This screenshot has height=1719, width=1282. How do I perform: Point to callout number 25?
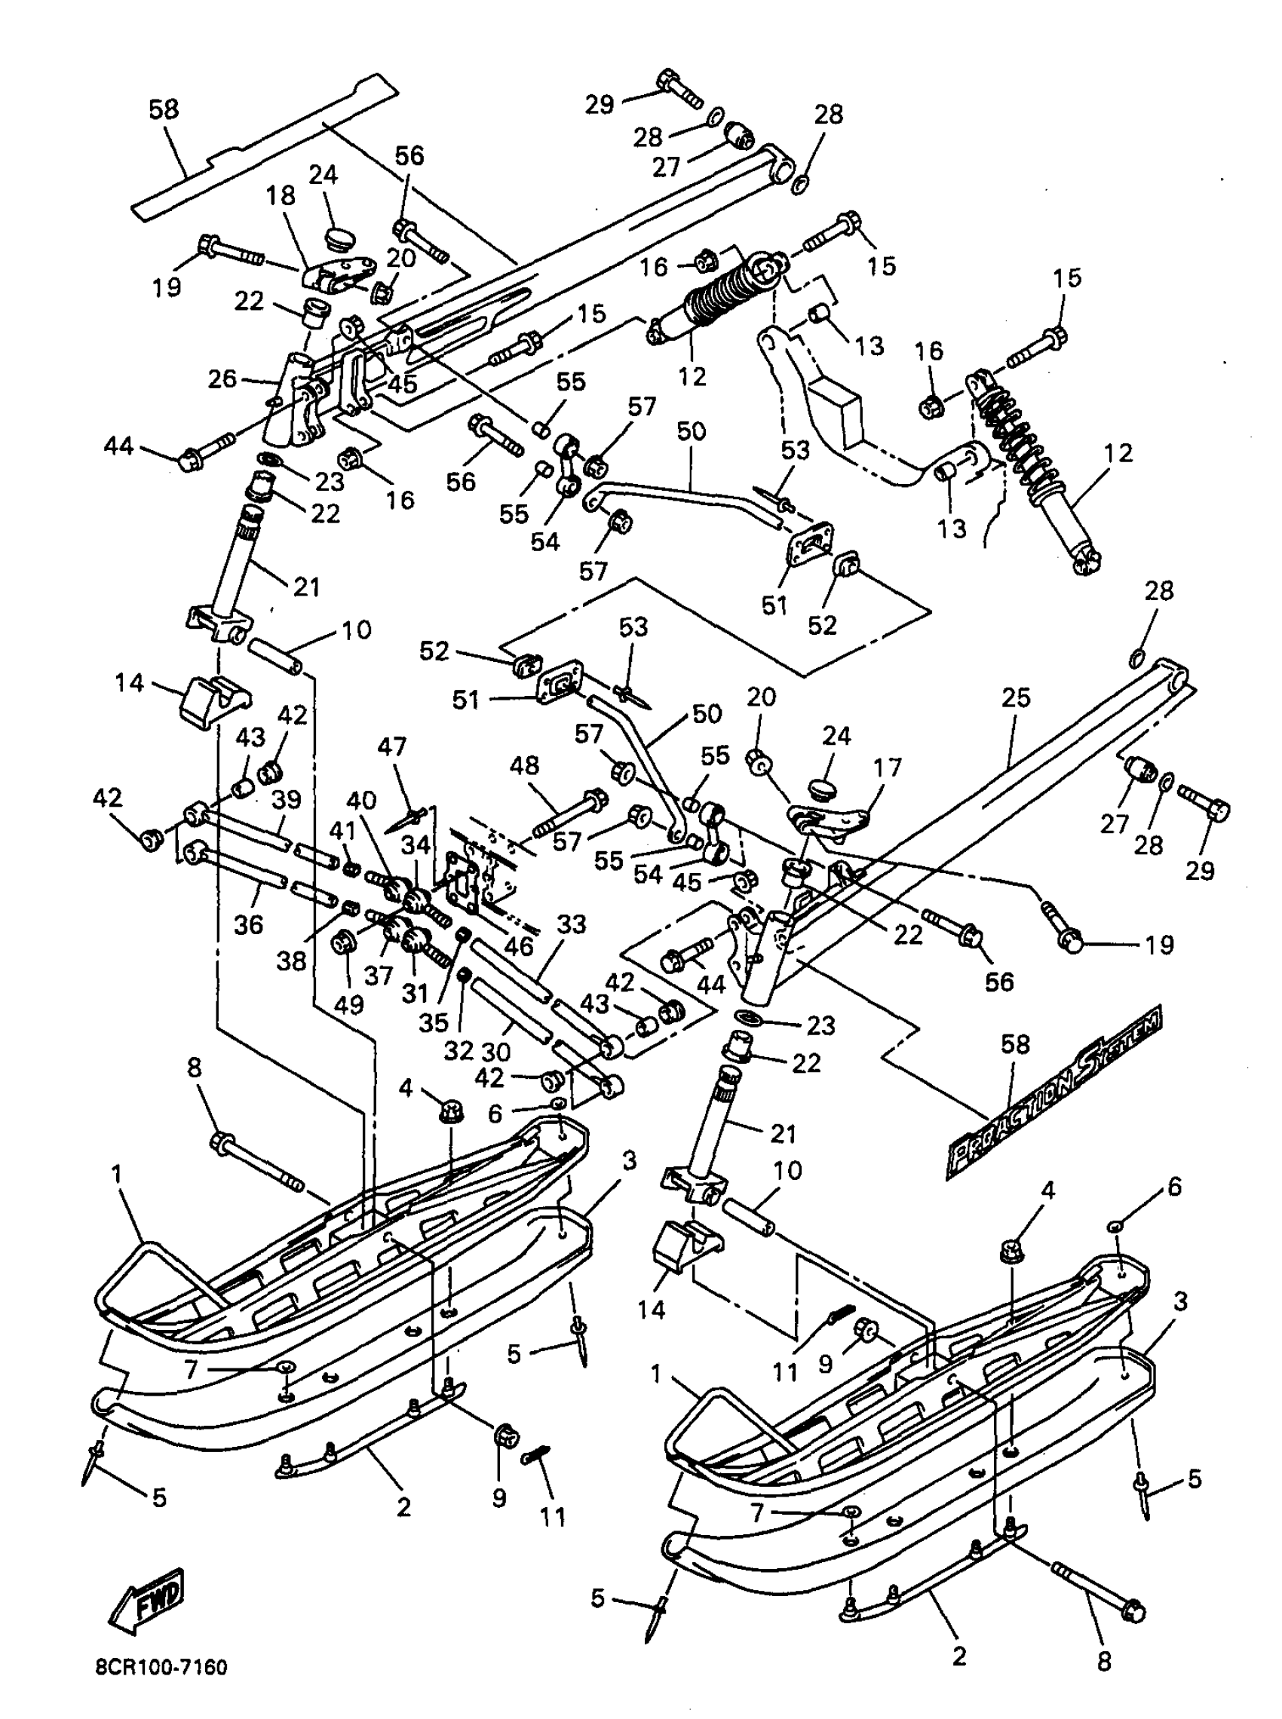[1016, 697]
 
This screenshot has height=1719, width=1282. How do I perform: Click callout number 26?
[222, 379]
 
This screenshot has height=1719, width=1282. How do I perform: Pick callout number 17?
[887, 768]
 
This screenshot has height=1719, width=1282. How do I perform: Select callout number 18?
[281, 195]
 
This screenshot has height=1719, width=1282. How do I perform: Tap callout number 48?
[524, 766]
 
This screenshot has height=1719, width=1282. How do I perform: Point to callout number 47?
[392, 747]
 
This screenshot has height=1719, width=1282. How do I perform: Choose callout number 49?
[348, 1004]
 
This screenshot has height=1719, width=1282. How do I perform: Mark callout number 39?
[287, 799]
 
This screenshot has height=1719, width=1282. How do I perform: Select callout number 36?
[248, 924]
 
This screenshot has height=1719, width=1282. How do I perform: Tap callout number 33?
[572, 924]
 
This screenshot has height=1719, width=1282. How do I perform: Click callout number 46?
[518, 945]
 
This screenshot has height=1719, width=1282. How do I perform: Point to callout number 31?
[416, 992]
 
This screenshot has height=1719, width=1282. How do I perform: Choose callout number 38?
[292, 961]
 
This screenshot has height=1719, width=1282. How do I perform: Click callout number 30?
[495, 1051]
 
